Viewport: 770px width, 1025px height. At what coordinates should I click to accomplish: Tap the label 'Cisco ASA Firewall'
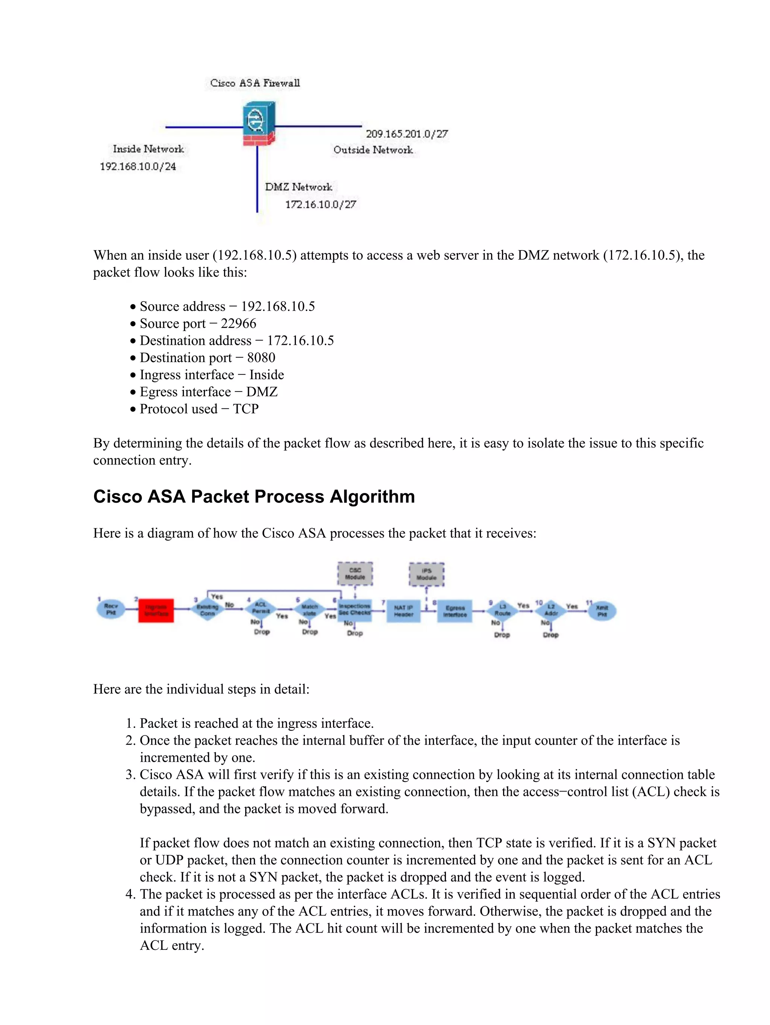(x=255, y=83)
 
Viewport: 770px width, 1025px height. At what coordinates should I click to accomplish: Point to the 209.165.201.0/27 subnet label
(x=406, y=134)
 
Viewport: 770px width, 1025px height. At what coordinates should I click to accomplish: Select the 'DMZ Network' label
(x=299, y=187)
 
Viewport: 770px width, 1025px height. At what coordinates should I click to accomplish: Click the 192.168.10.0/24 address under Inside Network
(x=138, y=166)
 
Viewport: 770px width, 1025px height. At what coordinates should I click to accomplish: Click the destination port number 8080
(x=261, y=358)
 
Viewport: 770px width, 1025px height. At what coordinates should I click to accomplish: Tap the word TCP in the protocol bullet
(x=246, y=409)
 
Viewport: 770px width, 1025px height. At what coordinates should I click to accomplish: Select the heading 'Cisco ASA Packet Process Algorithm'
(x=254, y=497)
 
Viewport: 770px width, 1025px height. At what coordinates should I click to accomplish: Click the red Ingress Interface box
(x=156, y=610)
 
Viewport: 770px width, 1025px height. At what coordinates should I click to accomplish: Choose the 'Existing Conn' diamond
(x=207, y=610)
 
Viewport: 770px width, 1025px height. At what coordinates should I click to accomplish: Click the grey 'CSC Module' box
(x=355, y=574)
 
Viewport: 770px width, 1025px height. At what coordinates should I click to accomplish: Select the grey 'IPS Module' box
(x=426, y=574)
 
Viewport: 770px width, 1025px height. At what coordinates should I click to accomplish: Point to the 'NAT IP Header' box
(x=403, y=611)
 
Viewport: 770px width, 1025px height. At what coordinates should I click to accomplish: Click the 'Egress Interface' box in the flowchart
(x=455, y=611)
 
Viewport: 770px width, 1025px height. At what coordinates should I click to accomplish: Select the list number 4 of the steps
(x=130, y=894)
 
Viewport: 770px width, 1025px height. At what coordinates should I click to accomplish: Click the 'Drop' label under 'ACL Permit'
(x=261, y=632)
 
